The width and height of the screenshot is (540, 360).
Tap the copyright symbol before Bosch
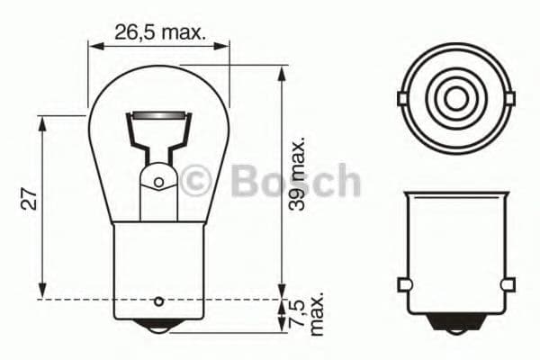(x=195, y=181)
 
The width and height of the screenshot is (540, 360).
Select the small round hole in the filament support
(x=158, y=183)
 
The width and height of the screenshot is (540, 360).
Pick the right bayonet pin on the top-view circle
(x=509, y=97)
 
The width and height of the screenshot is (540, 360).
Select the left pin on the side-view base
(x=404, y=286)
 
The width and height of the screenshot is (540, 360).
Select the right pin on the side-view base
(x=508, y=286)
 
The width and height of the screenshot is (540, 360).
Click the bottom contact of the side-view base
(x=456, y=319)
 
